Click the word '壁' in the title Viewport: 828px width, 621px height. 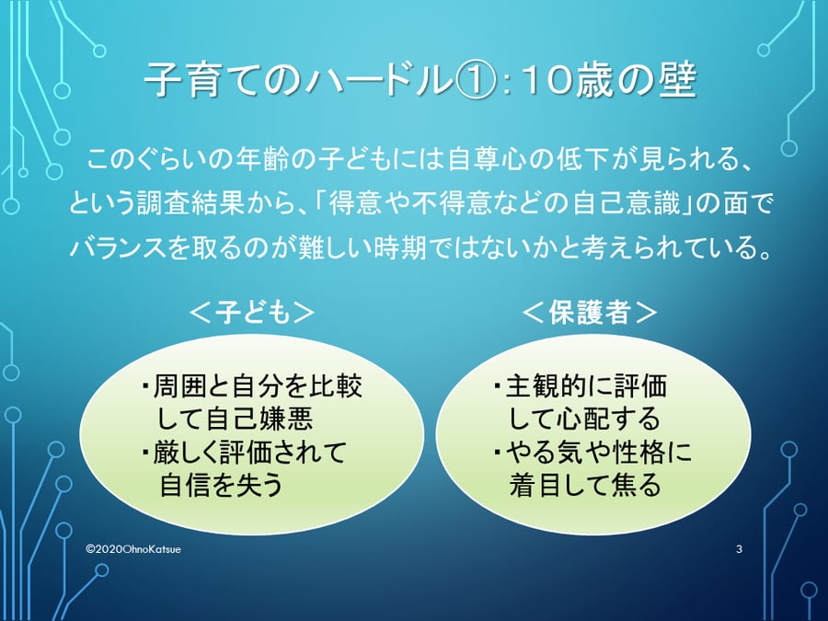click(677, 82)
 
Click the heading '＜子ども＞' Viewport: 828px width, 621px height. click(252, 313)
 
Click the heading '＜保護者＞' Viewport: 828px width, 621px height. click(590, 313)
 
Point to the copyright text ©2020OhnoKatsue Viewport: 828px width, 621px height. click(133, 549)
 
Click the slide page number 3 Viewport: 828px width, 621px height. click(739, 549)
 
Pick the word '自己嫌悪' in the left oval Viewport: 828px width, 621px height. click(259, 418)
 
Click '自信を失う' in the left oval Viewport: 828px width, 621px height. click(222, 484)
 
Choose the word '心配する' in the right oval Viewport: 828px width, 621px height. click(608, 419)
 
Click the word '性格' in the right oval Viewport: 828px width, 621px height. click(639, 452)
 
